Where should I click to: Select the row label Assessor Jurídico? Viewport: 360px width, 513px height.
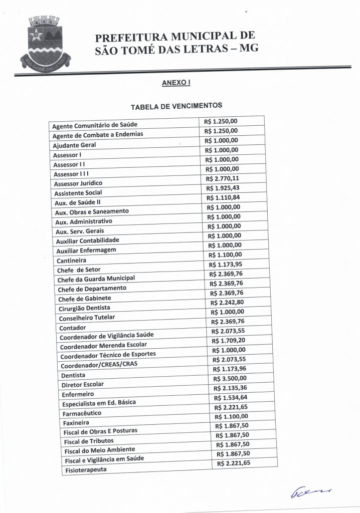(x=78, y=183)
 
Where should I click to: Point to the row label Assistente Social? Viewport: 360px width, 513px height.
(x=78, y=193)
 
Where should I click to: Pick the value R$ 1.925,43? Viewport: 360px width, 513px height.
(x=223, y=188)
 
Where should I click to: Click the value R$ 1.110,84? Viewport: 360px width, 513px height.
(x=223, y=197)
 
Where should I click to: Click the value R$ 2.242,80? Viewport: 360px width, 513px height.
(x=227, y=302)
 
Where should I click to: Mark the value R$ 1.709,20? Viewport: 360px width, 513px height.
(x=229, y=340)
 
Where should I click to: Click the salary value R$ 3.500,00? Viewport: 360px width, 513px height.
(x=230, y=378)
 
